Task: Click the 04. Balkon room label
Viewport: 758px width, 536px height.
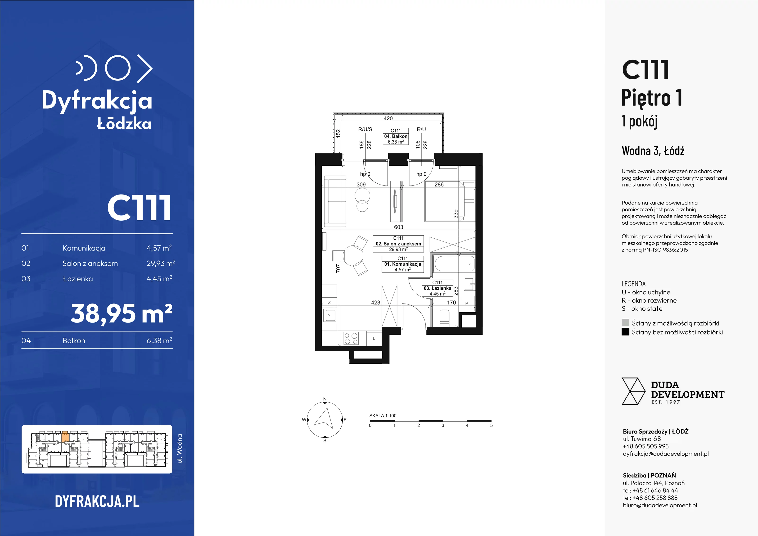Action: click(396, 136)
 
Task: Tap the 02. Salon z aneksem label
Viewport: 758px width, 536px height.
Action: click(398, 244)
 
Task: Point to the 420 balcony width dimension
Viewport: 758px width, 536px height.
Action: click(388, 118)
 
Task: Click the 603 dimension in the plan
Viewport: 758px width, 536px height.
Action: click(398, 227)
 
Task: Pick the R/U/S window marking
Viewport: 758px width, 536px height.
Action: click(365, 129)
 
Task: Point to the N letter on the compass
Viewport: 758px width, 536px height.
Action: click(325, 399)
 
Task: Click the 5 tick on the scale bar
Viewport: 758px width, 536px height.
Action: click(491, 425)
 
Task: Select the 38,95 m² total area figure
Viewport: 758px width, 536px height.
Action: click(122, 313)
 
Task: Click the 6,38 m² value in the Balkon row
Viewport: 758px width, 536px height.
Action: click(159, 341)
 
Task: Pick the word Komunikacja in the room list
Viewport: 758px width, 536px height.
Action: click(84, 248)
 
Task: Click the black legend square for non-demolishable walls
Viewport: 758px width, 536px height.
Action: click(625, 332)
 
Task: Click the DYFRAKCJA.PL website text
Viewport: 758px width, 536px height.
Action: click(97, 501)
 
